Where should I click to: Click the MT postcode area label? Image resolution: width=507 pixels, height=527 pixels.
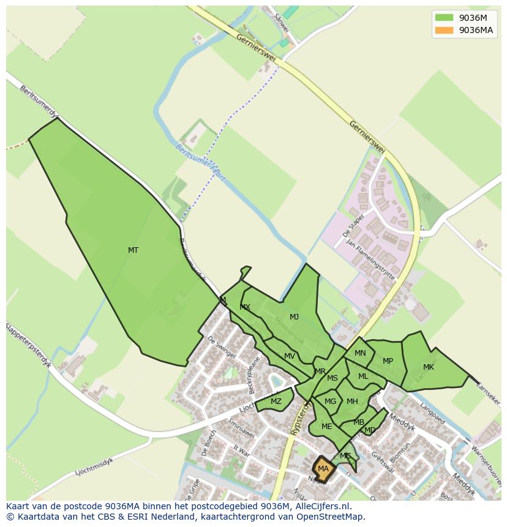[133, 250]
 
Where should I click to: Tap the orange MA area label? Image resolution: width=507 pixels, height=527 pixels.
[323, 469]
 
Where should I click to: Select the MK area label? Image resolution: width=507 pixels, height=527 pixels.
[429, 367]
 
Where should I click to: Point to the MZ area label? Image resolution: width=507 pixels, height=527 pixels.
[276, 402]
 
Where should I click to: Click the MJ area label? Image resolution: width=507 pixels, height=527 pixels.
[294, 316]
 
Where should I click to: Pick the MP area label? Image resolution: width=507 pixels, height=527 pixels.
[388, 361]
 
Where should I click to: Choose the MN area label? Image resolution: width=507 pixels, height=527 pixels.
[360, 353]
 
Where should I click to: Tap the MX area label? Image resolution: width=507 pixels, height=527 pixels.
[245, 307]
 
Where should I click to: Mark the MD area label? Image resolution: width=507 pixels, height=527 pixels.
[370, 430]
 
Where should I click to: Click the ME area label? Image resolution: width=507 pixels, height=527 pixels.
[326, 427]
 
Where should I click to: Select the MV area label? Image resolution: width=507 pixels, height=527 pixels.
[290, 356]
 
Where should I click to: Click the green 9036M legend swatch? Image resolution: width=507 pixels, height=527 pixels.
[444, 17]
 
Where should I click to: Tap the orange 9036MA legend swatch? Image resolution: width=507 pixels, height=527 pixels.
[444, 30]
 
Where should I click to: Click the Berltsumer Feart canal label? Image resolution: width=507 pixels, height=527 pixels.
[201, 163]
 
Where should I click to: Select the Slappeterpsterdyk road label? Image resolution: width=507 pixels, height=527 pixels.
[29, 346]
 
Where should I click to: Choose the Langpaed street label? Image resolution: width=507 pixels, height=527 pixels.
[432, 413]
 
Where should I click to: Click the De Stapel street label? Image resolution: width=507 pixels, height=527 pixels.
[354, 225]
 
